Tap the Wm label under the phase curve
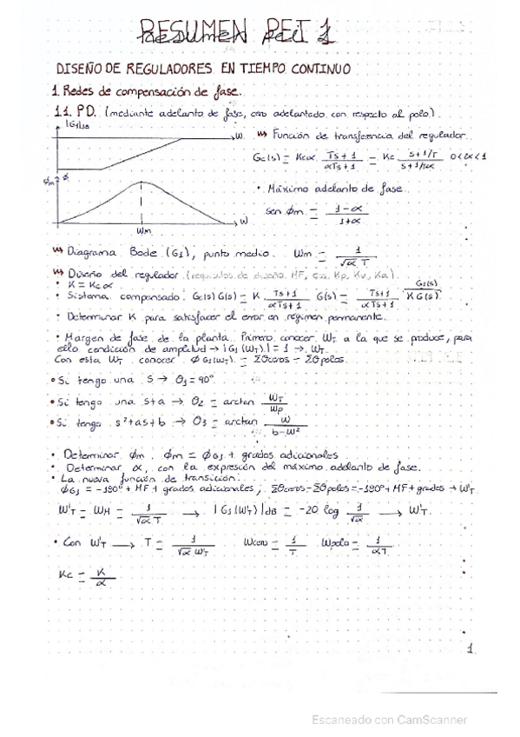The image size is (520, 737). pyautogui.click(x=143, y=231)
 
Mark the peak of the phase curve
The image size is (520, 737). pyautogui.click(x=142, y=184)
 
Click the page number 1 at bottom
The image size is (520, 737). pyautogui.click(x=470, y=648)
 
